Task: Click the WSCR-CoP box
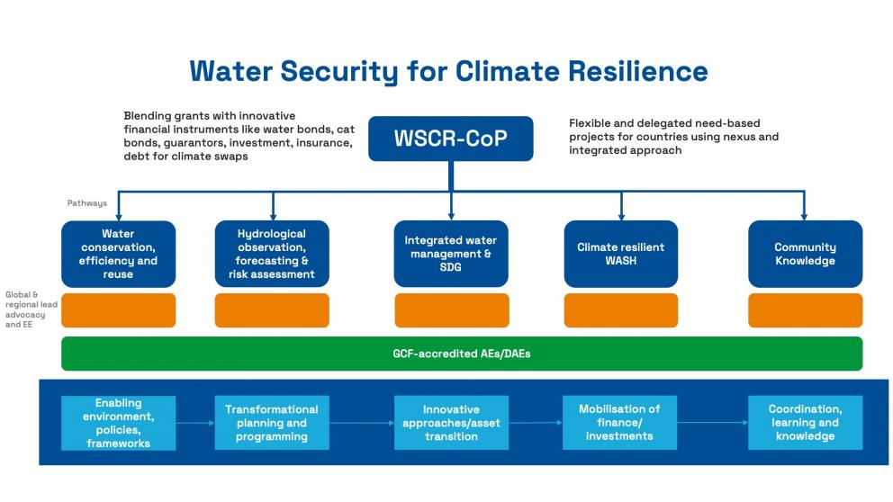(450, 139)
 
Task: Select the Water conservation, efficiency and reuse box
(118, 254)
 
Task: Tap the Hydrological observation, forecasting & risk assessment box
(272, 254)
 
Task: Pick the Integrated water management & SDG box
(450, 254)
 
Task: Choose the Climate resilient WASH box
(620, 254)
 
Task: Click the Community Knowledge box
(805, 254)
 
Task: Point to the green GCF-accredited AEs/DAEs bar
(461, 354)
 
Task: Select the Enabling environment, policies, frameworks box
(118, 423)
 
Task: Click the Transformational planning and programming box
(272, 423)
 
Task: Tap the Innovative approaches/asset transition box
(451, 423)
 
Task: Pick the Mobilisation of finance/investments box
(619, 423)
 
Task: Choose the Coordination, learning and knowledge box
(805, 423)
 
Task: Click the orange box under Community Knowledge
(805, 310)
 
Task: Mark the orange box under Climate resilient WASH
(620, 310)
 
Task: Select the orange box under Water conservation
(118, 310)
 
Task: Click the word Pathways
(86, 203)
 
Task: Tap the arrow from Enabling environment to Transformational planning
(194, 423)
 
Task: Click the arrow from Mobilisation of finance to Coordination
(712, 423)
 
